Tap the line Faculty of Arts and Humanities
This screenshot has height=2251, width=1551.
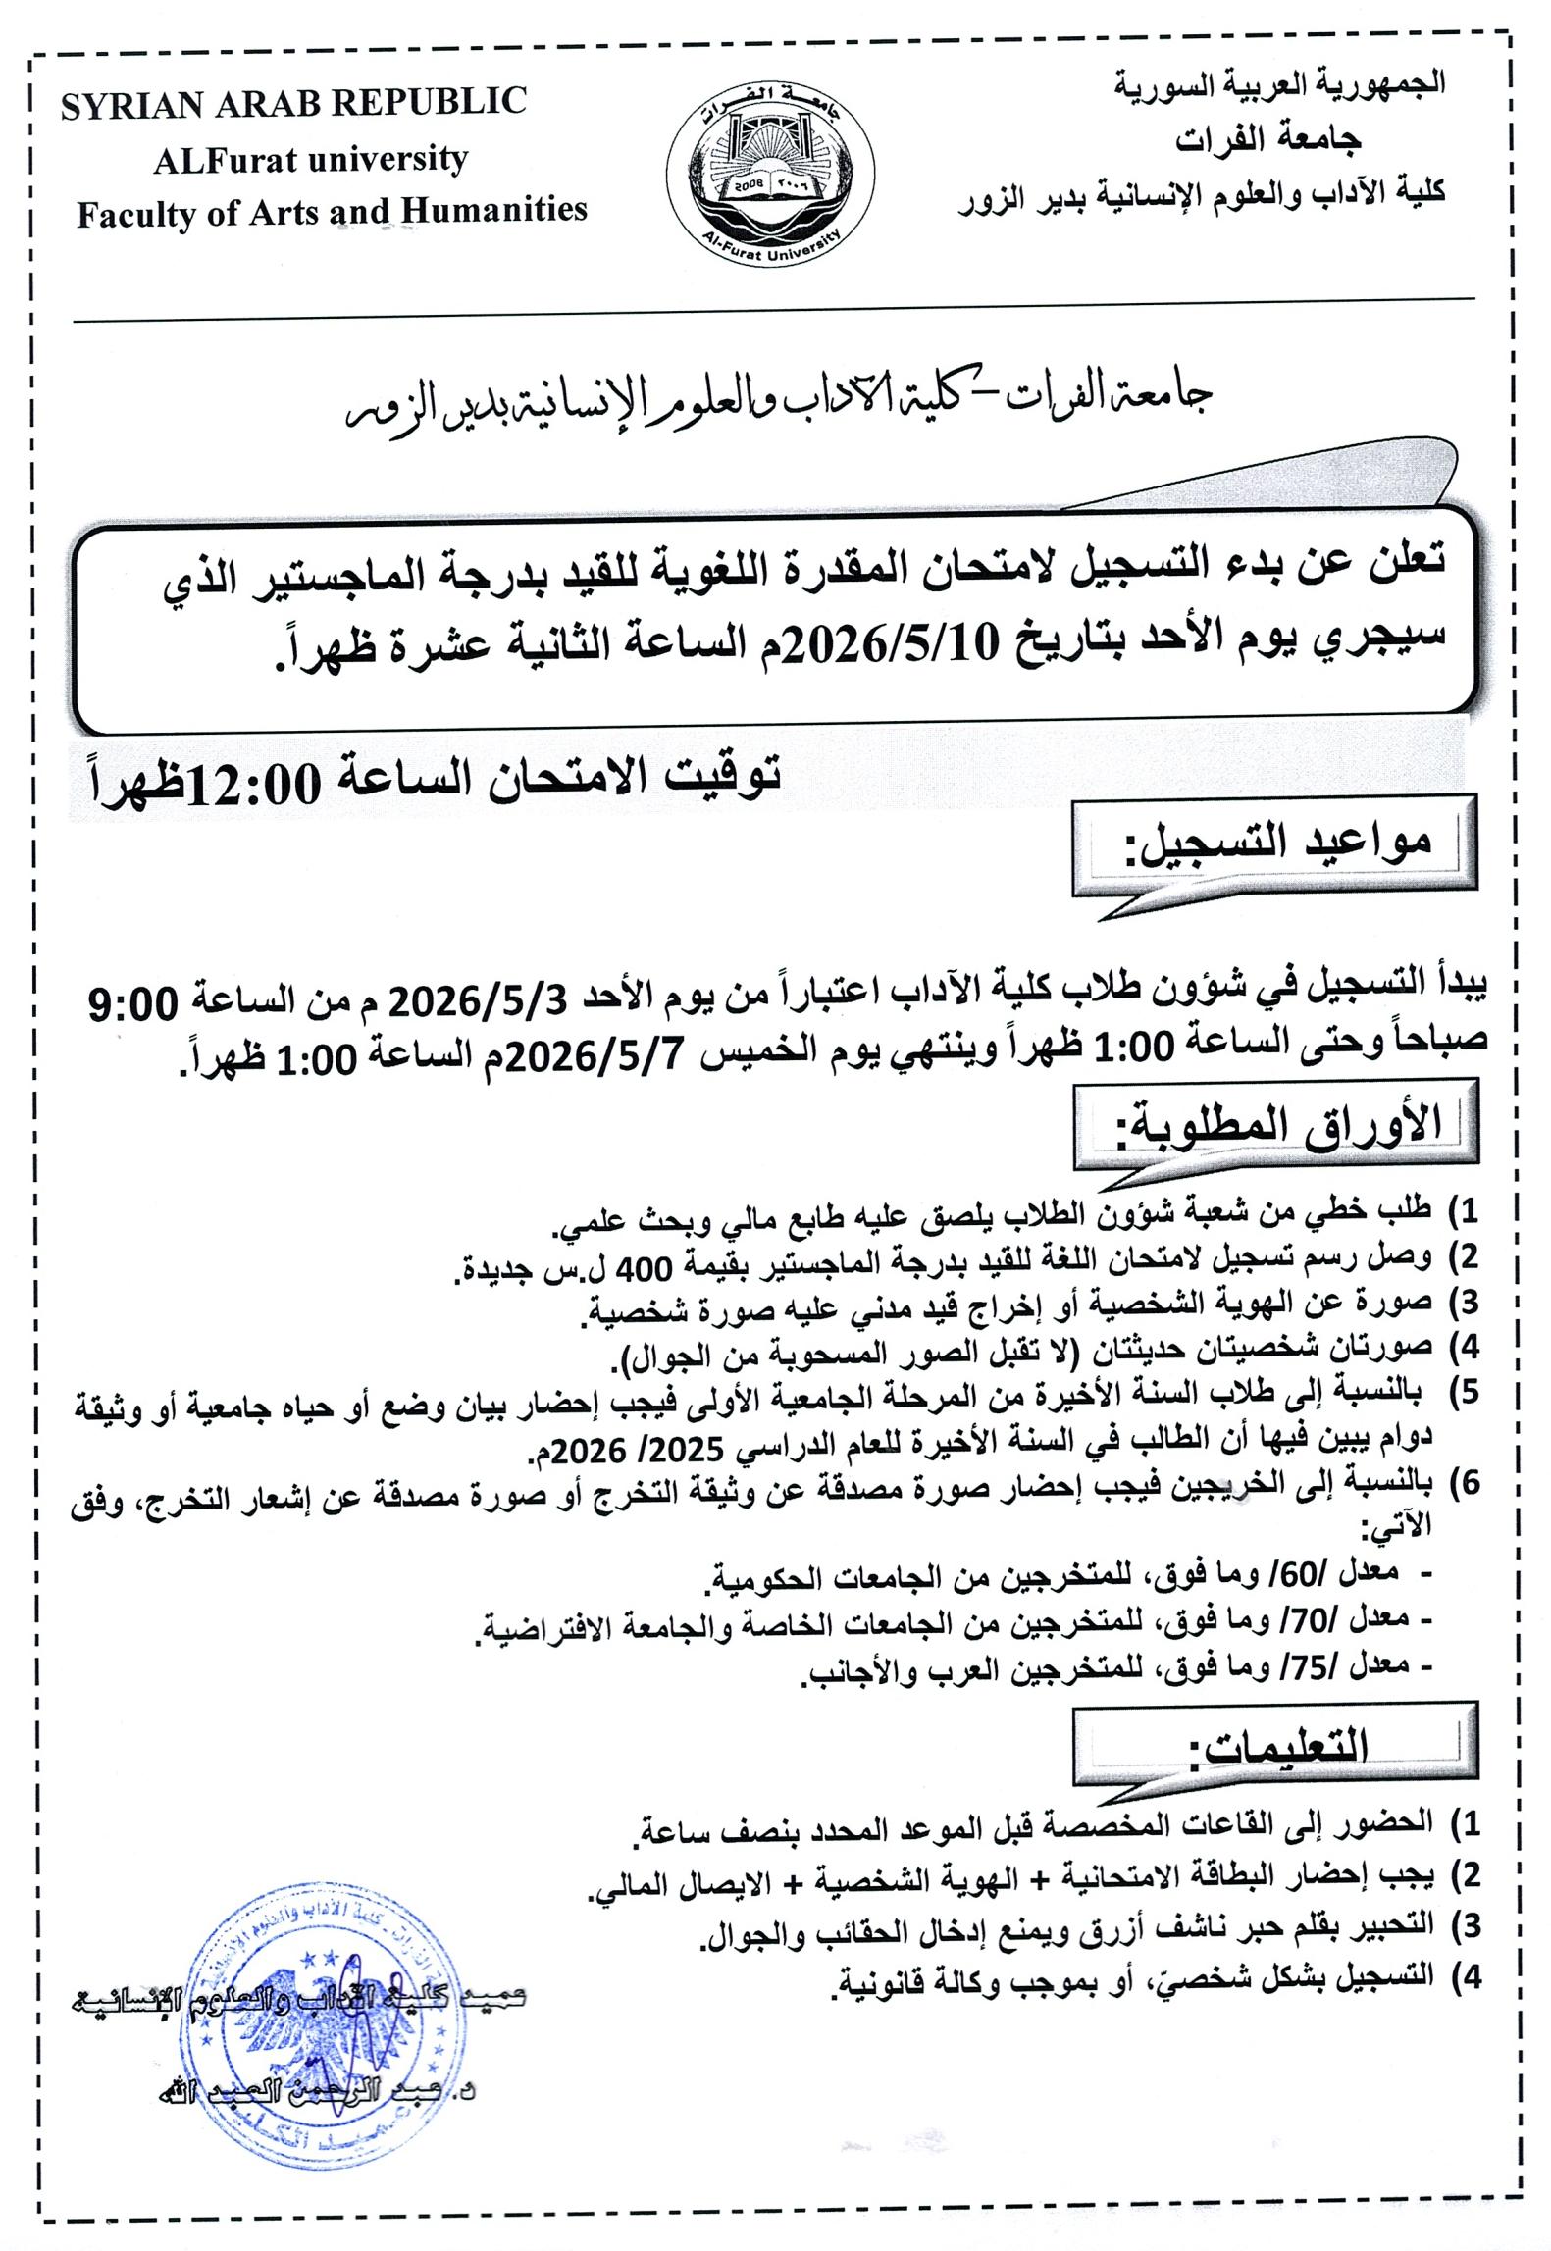pos(332,211)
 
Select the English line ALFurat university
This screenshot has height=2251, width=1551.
pos(310,159)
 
